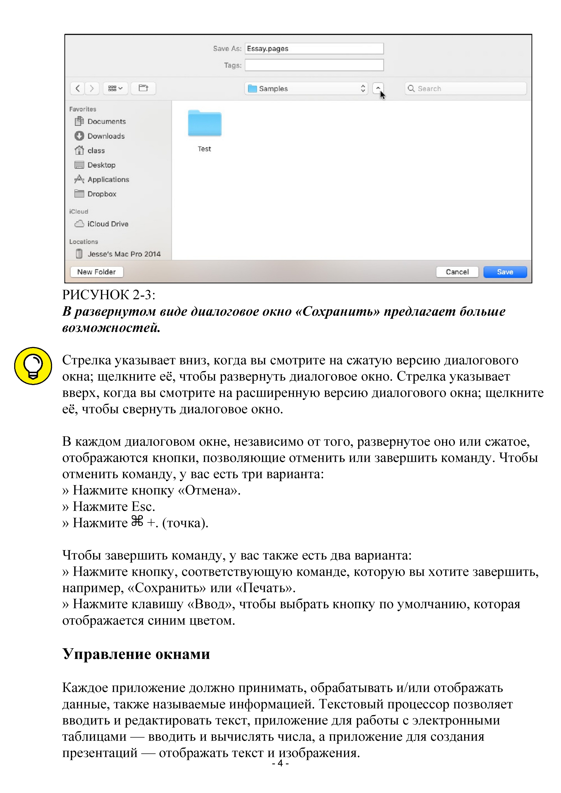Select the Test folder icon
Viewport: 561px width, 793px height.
pyautogui.click(x=205, y=123)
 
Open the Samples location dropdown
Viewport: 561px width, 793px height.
pyautogui.click(x=306, y=88)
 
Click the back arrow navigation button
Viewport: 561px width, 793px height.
pyautogui.click(x=78, y=88)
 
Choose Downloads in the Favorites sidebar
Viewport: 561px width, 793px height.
pyautogui.click(x=106, y=136)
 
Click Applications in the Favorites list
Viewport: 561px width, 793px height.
pyautogui.click(x=108, y=180)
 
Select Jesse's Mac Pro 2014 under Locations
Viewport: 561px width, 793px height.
pyautogui.click(x=124, y=254)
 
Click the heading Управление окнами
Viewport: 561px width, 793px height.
pyautogui.click(x=136, y=654)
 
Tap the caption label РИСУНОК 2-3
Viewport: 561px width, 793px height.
pyautogui.click(x=108, y=295)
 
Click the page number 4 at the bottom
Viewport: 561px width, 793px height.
pyautogui.click(x=280, y=763)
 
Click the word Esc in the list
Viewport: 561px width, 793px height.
pyautogui.click(x=142, y=507)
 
